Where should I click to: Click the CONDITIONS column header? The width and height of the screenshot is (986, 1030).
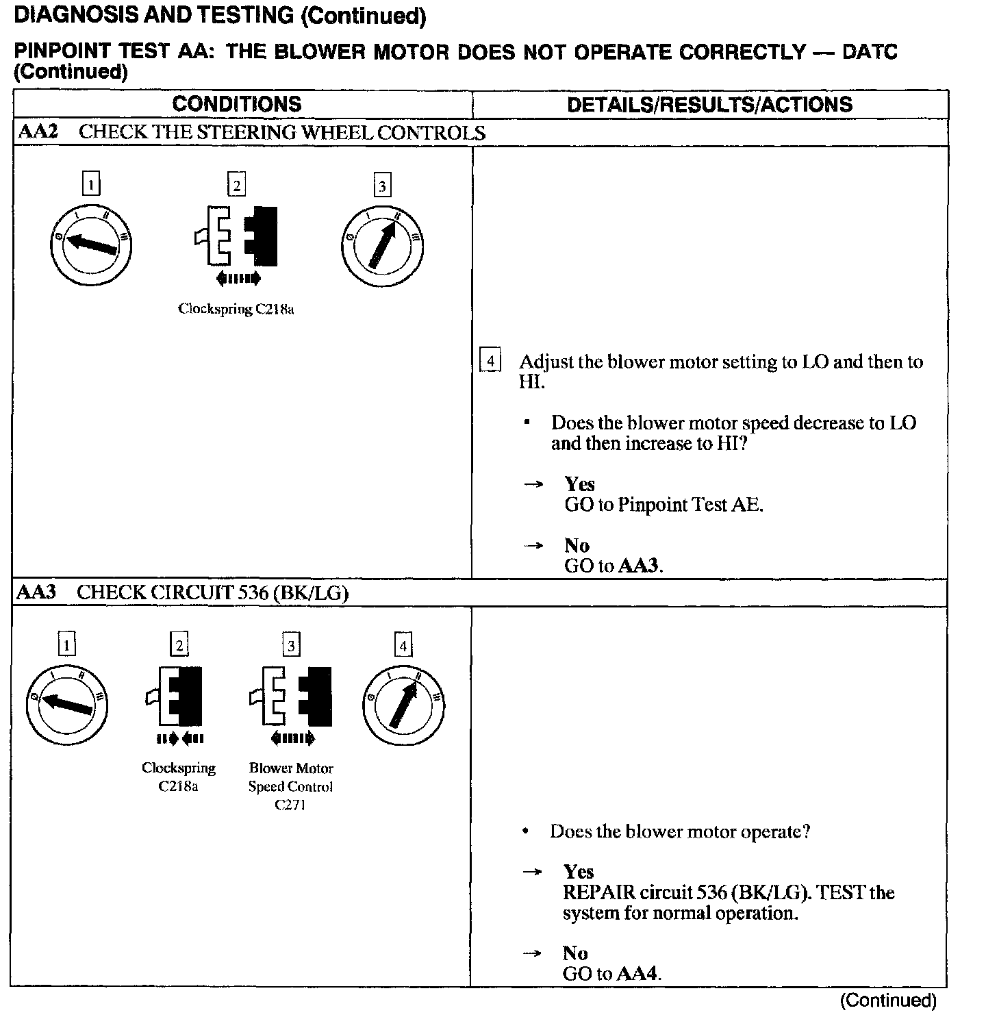[237, 104]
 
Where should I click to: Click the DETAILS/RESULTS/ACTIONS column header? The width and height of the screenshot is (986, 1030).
[709, 105]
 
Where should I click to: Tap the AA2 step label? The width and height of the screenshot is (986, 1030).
[38, 132]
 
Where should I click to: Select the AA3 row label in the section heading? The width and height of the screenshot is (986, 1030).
[36, 592]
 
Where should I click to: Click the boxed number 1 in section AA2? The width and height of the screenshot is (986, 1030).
[91, 184]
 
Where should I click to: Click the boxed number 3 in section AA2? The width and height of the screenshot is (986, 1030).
[382, 185]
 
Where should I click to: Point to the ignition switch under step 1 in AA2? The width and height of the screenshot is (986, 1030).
[91, 244]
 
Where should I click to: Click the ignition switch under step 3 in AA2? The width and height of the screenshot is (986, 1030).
[382, 244]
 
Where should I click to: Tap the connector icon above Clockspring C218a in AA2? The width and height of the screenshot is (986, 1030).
[237, 237]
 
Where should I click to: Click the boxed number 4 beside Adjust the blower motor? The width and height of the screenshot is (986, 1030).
[490, 361]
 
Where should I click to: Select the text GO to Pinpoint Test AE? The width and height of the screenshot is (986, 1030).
[663, 505]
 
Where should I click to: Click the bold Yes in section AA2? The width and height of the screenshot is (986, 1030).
[579, 484]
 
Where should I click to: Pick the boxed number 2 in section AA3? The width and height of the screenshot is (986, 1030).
[179, 645]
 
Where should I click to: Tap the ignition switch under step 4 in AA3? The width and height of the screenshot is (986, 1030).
[403, 705]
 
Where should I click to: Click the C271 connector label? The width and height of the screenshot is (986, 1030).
[290, 805]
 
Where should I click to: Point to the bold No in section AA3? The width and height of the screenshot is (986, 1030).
[575, 953]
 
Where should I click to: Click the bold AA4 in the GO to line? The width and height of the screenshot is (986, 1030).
[638, 974]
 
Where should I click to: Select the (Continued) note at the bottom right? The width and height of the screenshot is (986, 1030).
[887, 1001]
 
